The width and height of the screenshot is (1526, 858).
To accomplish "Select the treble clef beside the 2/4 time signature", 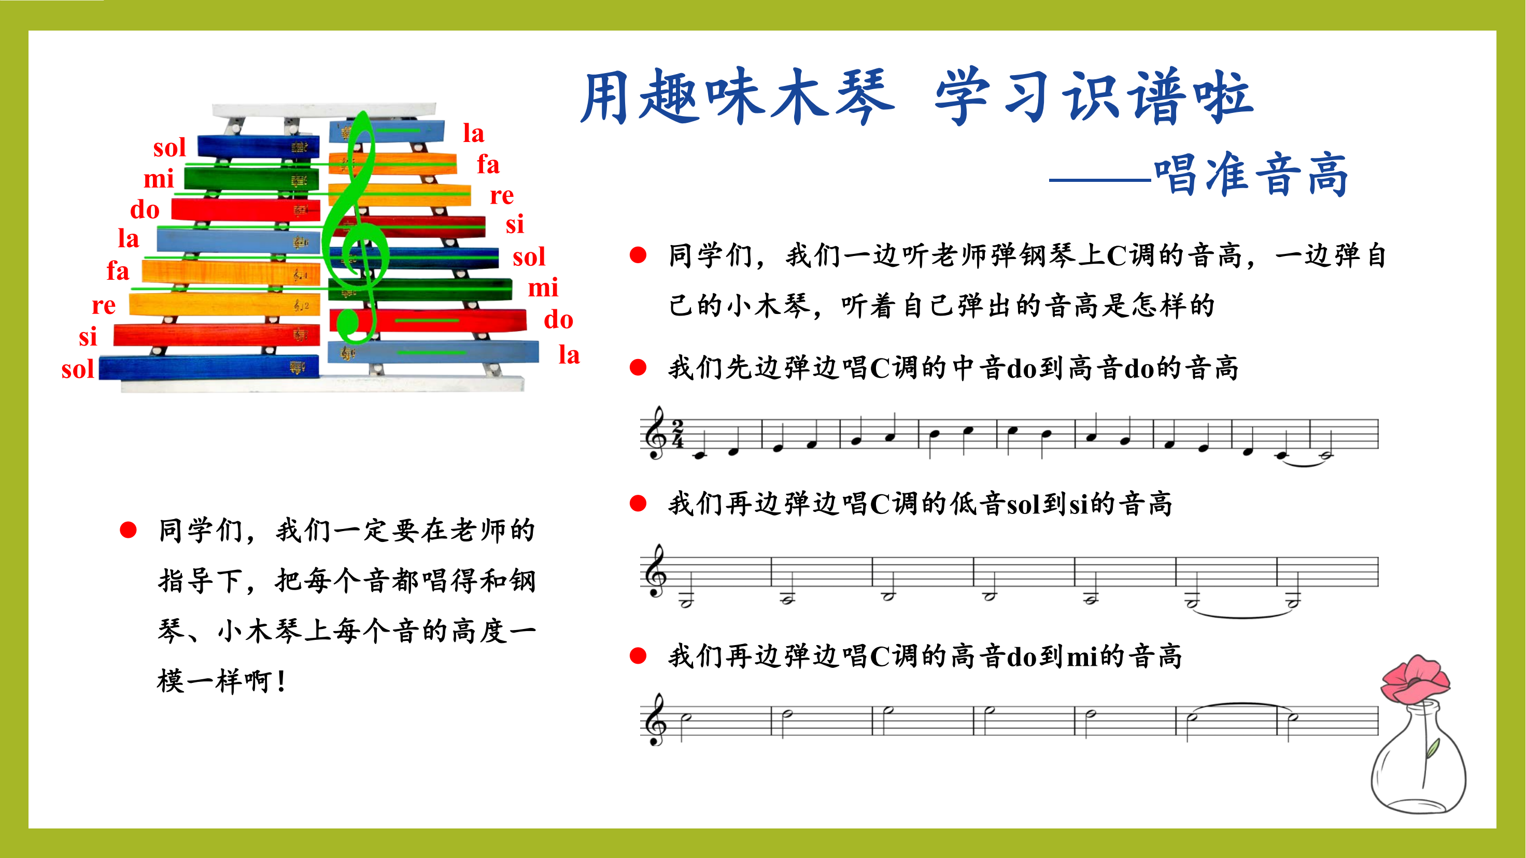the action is (x=655, y=433).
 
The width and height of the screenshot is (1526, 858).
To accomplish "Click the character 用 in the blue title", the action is (x=605, y=97).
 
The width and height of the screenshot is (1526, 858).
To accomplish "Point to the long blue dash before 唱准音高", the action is (x=1100, y=180).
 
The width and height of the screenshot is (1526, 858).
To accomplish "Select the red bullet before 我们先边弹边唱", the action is (x=638, y=368).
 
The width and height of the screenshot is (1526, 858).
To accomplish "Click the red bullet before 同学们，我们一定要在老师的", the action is (x=128, y=530).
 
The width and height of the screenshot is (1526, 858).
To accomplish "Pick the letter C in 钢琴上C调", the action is (x=1117, y=256).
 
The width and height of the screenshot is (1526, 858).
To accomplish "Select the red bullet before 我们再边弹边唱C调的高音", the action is (x=638, y=656).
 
